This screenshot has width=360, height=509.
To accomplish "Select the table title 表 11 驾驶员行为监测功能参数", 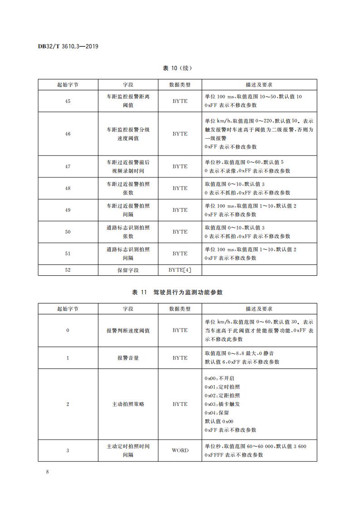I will (177, 293).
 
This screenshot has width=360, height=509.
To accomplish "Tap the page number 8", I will (48, 472).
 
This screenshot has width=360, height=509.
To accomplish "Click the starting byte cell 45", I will (68, 101).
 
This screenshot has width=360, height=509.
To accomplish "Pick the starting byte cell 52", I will (68, 270).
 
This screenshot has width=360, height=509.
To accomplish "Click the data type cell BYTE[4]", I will (180, 270).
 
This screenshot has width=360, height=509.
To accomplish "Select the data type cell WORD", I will (180, 450).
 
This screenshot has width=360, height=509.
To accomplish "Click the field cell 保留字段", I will (128, 270).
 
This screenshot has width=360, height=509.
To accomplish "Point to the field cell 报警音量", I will (128, 358).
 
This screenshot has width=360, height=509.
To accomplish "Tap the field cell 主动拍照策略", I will (128, 404).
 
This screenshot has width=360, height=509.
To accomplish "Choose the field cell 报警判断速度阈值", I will (128, 330).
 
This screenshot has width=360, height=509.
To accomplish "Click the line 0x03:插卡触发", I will (222, 404).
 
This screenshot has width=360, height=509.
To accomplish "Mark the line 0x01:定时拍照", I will (222, 387).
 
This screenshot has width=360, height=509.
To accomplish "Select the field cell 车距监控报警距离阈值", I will (128, 101).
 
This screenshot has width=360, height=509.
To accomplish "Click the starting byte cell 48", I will (68, 188).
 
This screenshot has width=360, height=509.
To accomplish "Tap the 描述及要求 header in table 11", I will (259, 309).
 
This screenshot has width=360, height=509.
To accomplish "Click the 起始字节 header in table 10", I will (68, 85).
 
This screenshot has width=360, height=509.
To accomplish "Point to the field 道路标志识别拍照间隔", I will (128, 254).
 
